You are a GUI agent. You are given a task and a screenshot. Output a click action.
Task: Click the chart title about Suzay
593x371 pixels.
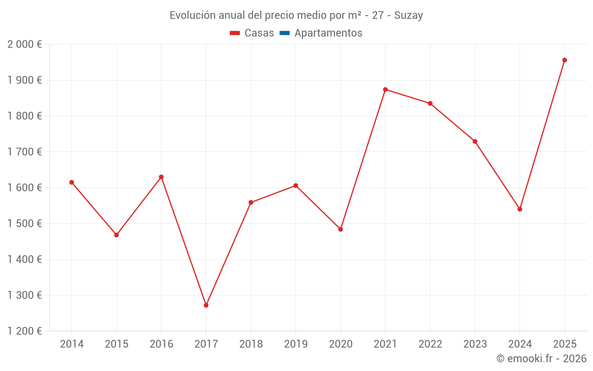(296, 15)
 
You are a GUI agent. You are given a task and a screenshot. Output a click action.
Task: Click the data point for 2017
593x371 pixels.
(206, 305)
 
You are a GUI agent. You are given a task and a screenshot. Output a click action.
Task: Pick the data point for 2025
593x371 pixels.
(565, 60)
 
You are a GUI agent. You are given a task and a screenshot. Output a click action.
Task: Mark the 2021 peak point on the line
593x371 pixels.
(385, 90)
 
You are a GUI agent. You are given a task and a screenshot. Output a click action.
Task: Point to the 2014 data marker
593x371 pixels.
(72, 182)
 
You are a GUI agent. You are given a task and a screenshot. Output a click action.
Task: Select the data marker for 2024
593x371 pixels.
(519, 209)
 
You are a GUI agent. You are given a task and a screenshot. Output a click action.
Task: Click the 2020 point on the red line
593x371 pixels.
(340, 229)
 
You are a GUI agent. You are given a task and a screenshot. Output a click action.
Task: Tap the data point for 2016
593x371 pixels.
(161, 177)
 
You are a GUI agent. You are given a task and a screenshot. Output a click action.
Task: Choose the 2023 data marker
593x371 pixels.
(475, 141)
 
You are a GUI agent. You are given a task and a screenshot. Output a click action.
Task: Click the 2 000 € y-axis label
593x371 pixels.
(24, 45)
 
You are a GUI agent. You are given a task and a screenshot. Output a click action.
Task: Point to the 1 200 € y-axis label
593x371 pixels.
(24, 331)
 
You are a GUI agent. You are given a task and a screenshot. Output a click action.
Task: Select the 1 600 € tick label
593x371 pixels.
(24, 188)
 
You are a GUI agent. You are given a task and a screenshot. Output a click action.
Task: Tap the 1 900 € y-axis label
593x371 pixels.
(24, 80)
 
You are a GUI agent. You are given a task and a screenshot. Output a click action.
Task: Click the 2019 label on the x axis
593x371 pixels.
(295, 344)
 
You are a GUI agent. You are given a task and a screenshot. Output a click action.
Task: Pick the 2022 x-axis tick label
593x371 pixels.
(430, 344)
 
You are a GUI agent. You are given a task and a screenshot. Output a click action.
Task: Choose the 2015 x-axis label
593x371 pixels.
(116, 344)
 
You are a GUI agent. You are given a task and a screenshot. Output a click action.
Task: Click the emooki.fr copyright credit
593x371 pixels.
(541, 359)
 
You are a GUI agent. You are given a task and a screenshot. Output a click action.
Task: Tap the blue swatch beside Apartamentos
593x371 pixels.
(284, 33)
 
